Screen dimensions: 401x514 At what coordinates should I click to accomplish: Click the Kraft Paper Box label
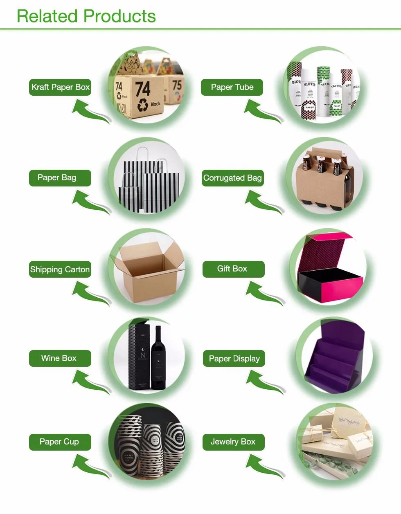coord(60,87)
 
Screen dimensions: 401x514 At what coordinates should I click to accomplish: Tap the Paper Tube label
coord(232,87)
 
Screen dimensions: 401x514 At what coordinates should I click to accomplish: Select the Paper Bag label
coord(60,178)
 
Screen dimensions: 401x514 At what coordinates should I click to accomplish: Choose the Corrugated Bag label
coord(232,178)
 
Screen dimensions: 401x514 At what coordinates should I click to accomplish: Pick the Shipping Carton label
coord(60,269)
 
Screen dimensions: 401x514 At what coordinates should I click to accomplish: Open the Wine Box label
coord(60,358)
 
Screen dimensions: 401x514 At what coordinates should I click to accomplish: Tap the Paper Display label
coord(234,359)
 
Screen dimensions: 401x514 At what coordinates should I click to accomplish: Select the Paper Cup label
coord(60,442)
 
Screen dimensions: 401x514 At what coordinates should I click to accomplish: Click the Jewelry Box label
coord(233,442)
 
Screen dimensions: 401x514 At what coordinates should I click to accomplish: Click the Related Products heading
coord(86,16)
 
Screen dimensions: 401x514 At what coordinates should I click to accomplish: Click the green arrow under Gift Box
coord(263,293)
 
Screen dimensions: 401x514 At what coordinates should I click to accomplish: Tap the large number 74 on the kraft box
coord(143,88)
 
